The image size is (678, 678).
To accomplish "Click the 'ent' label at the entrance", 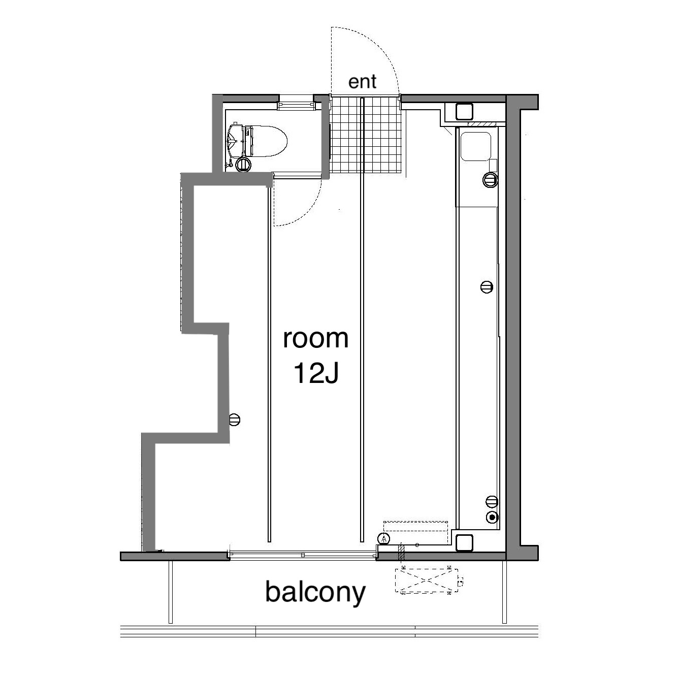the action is (x=362, y=82).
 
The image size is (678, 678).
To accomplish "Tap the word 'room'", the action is (x=315, y=338).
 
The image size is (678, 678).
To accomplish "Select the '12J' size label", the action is (x=315, y=373).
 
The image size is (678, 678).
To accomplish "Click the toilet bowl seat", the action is (x=269, y=141).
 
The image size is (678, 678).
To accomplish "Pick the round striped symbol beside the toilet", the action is (x=243, y=165).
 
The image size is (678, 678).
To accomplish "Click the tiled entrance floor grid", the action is (x=366, y=135).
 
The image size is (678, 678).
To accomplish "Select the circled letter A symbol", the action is (x=384, y=539).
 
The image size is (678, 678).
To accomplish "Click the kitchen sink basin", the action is (x=475, y=146).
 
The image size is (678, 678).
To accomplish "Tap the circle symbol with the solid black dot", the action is (x=492, y=517).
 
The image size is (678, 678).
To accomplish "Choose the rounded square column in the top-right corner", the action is (x=464, y=111).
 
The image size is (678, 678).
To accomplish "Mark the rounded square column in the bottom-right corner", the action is (x=464, y=542).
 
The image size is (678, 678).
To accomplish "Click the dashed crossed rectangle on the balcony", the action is (x=426, y=581).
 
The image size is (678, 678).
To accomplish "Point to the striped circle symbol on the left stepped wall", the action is (x=235, y=419).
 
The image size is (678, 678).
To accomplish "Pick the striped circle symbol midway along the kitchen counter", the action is (x=487, y=287).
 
